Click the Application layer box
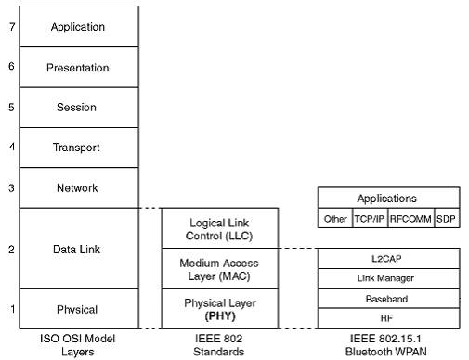click(79, 27)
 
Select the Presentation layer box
click(79, 68)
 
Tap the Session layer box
click(79, 108)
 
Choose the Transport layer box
click(79, 148)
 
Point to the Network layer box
click(79, 188)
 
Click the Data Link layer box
click(79, 249)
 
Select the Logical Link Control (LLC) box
click(219, 228)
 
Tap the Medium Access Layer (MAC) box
click(219, 268)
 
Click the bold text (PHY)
click(219, 315)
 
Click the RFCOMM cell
click(410, 220)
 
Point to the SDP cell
click(447, 220)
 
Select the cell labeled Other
click(334, 220)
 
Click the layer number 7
click(11, 27)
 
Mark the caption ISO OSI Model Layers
click(79, 345)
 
